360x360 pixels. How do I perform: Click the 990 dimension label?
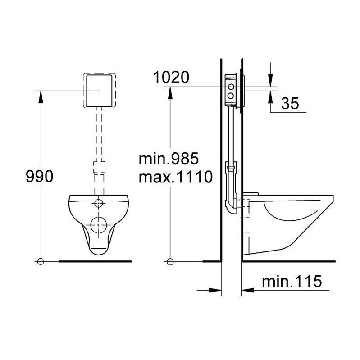[x=40, y=177]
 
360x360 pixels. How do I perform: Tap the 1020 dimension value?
[x=171, y=77]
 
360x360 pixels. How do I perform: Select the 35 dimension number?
[x=290, y=103]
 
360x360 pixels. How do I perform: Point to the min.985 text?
[x=169, y=159]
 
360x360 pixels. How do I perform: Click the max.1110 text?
[x=176, y=177]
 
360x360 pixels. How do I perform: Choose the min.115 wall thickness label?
[x=292, y=281]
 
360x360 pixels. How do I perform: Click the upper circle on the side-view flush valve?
[x=231, y=87]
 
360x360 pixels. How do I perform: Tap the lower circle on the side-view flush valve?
[x=231, y=95]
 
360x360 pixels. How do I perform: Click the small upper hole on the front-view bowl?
[x=99, y=203]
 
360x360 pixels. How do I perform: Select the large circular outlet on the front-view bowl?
[x=99, y=225]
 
